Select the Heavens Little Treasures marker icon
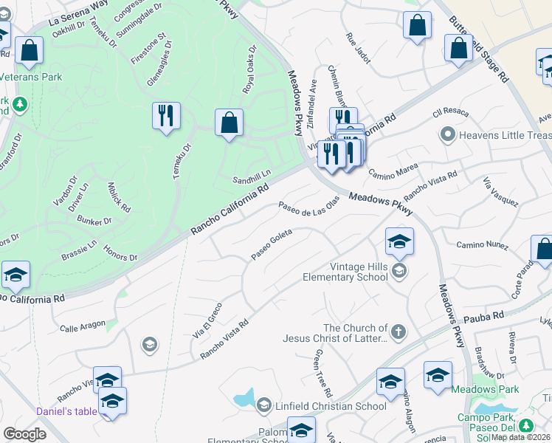point(446,134)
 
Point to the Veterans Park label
point(30,77)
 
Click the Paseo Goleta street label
point(272,244)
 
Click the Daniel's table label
point(66,411)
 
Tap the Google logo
point(24,434)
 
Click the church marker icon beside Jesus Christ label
point(399,331)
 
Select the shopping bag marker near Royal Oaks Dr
point(229,123)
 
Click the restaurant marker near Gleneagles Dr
point(166,116)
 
